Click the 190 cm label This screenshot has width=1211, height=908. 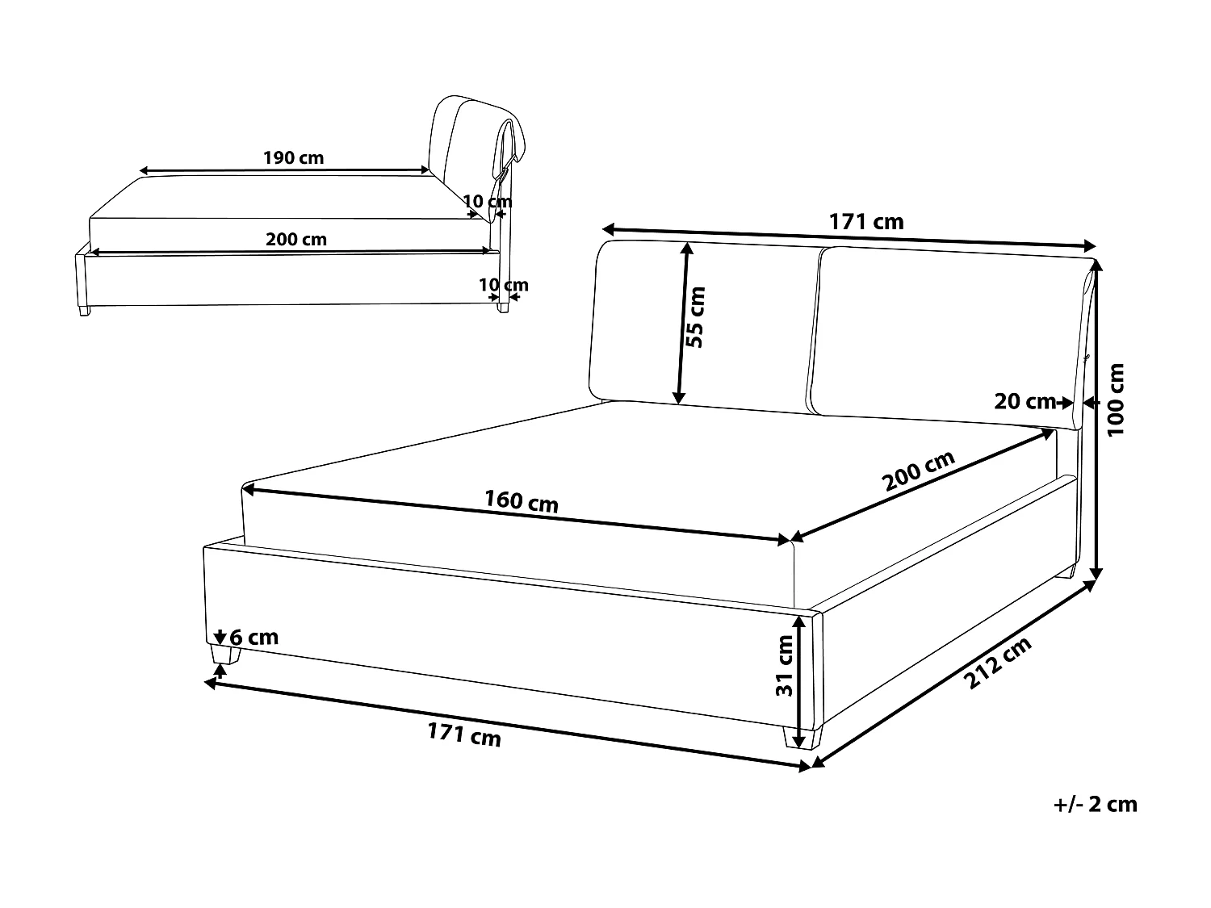(293, 157)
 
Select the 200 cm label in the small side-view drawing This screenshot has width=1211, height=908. (296, 239)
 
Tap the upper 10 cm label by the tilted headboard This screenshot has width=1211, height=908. (488, 200)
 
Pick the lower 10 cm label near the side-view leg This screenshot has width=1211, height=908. (504, 285)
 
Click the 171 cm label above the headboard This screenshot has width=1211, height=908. (866, 221)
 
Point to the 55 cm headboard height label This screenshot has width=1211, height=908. (695, 317)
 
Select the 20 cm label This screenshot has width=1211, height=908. (1025, 400)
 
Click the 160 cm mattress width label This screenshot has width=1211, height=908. (521, 502)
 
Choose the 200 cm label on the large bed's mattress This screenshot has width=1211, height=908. (919, 471)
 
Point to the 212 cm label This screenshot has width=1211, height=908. (999, 663)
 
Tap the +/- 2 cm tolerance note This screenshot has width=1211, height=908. (1096, 804)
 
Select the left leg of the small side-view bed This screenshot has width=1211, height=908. (83, 310)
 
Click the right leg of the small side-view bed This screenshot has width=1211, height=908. (504, 308)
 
